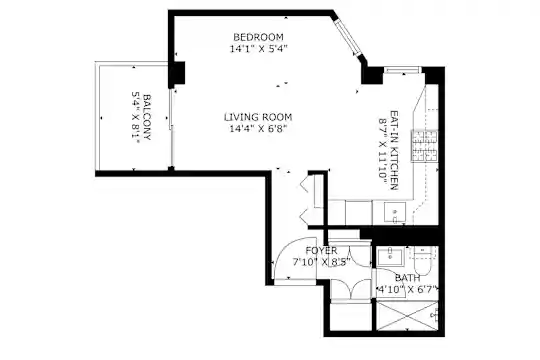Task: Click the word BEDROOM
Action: (x=258, y=37)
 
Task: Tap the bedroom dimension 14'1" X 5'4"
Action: (x=258, y=49)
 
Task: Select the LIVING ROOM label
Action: (x=258, y=117)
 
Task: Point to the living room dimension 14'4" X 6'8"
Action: (x=258, y=129)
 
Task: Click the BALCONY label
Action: (x=147, y=117)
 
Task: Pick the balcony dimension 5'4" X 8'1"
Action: (x=136, y=117)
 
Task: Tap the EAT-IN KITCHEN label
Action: (x=394, y=150)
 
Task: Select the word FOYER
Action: (x=322, y=250)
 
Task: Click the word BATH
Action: (x=407, y=278)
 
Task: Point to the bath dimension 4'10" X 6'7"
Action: (x=408, y=289)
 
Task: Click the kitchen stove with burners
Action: (x=424, y=146)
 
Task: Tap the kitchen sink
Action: (x=395, y=212)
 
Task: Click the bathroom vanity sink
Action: (x=390, y=256)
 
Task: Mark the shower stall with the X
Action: (x=407, y=316)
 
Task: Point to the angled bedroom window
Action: (x=348, y=36)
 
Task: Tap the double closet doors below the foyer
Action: (x=351, y=289)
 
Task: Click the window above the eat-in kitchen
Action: (x=402, y=70)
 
